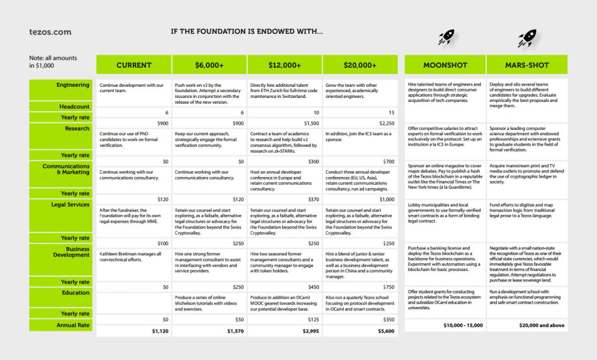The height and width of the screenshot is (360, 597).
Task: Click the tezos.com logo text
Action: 50,32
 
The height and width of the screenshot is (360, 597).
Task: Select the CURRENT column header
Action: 134,65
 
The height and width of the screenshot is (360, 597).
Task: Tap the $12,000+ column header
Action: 285,65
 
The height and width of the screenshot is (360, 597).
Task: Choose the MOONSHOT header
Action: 445,65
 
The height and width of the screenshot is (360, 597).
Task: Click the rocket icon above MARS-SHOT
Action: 526,39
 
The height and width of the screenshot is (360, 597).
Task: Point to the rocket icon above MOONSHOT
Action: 447,38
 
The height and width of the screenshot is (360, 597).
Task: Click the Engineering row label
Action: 73,85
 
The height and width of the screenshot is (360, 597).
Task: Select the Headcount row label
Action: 75,107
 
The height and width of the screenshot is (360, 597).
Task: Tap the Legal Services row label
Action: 71,204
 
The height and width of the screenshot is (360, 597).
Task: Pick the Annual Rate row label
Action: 73,325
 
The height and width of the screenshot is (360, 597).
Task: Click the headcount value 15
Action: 391,112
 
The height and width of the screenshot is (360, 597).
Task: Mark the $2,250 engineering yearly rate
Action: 386,123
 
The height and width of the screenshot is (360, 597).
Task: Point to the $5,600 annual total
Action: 385,331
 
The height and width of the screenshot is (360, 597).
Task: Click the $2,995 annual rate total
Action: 310,331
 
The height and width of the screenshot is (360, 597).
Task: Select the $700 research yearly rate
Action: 388,161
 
